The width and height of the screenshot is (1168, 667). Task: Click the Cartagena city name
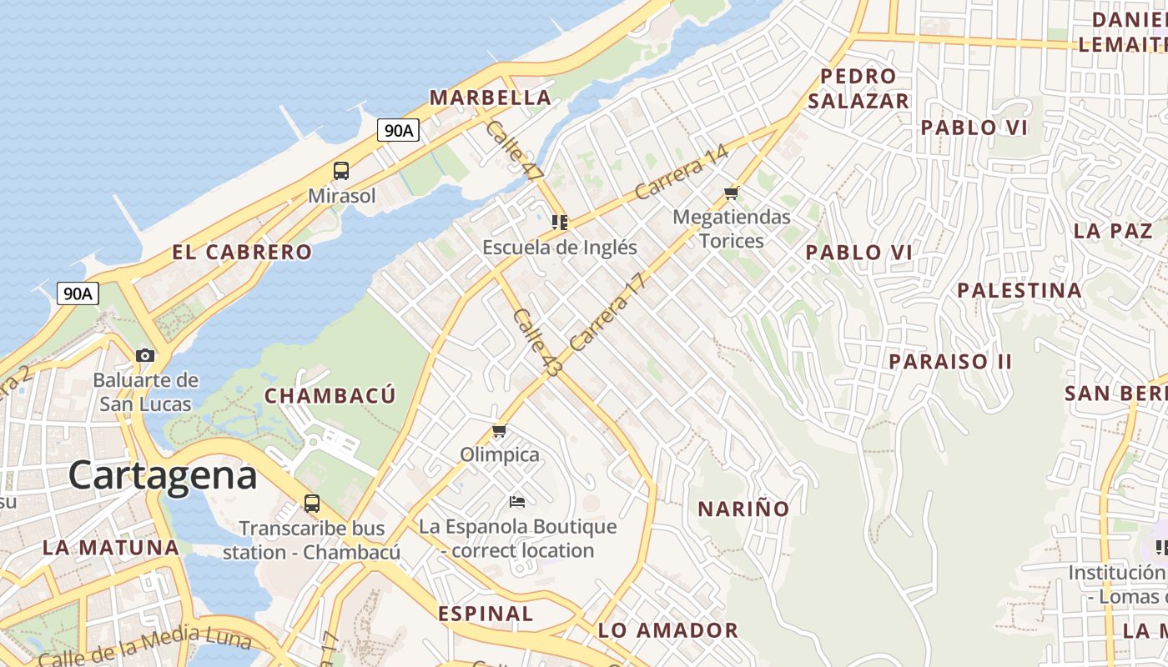pos(163,475)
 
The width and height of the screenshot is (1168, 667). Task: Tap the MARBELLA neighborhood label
pos(491,98)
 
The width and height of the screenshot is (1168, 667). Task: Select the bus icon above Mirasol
pos(341,171)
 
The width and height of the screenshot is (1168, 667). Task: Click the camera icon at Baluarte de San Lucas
pos(145,355)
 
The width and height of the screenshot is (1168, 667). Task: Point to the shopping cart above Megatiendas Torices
pos(732,193)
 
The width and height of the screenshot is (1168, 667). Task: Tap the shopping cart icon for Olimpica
pos(499,430)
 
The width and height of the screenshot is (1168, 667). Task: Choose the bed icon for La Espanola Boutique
pos(517,501)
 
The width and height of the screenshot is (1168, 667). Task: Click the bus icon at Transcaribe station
pos(311,504)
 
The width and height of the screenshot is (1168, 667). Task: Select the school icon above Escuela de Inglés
pos(560,222)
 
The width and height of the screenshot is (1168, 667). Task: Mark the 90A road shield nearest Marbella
pos(397,130)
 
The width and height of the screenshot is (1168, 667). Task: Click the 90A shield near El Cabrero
pos(78,293)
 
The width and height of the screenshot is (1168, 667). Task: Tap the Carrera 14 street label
pos(682,173)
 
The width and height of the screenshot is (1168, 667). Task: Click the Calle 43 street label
pos(537,342)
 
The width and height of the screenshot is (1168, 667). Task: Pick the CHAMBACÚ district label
pos(330,396)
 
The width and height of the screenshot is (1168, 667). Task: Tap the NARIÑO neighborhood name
pos(743,509)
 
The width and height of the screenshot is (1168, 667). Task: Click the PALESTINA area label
pos(1019,291)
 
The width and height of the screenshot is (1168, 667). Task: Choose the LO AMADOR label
pos(668,630)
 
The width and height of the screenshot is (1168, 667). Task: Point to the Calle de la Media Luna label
pos(144,645)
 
